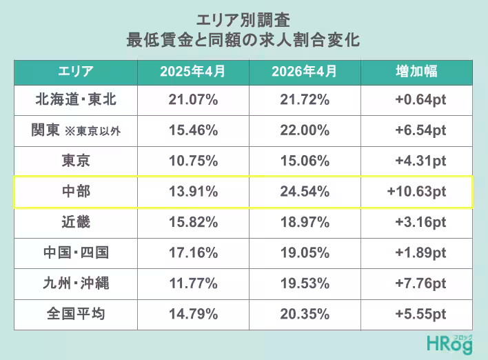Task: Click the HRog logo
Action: click(449, 344)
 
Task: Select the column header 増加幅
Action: click(416, 71)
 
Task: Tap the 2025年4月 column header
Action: click(192, 71)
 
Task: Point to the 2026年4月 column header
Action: click(305, 71)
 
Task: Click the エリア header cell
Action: click(76, 71)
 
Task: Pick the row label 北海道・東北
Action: click(76, 99)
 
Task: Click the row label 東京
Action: click(76, 161)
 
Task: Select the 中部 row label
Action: click(76, 191)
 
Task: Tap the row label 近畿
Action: click(76, 222)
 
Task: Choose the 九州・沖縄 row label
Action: click(76, 283)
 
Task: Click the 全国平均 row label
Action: click(76, 314)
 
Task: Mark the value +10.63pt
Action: click(416, 192)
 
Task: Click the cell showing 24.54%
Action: click(305, 192)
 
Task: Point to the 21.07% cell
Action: click(193, 99)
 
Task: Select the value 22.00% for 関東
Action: click(305, 130)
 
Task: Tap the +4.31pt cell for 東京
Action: click(420, 161)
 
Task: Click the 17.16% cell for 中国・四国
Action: click(193, 252)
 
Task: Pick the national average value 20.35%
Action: click(305, 314)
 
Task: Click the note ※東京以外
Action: click(92, 131)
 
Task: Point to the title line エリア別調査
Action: click(243, 20)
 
